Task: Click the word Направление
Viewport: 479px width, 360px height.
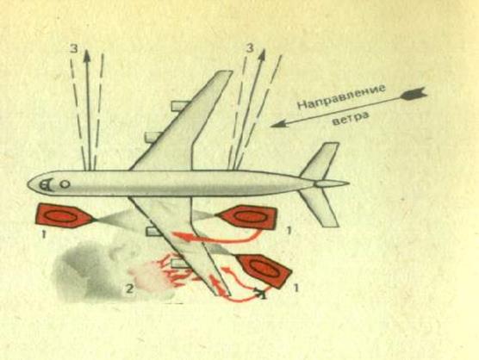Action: pos(341,96)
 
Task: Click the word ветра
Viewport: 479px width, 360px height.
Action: pos(350,118)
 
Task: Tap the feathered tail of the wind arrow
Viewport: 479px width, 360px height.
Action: pos(414,93)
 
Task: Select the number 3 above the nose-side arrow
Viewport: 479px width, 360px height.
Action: pos(73,49)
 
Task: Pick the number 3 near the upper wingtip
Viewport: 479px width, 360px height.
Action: pos(250,47)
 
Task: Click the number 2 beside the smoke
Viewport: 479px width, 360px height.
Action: pos(130,289)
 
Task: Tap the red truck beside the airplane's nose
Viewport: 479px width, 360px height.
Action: pos(65,216)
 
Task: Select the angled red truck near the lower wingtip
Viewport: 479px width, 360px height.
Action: pos(264,271)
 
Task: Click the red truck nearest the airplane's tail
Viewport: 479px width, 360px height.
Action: pos(247,217)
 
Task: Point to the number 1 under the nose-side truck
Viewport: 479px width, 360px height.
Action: pos(44,234)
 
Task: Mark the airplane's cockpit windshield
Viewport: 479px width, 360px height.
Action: pos(47,184)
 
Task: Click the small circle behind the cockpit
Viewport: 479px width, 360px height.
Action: pos(65,184)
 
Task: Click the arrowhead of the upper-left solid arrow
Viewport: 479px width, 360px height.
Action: pos(87,56)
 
